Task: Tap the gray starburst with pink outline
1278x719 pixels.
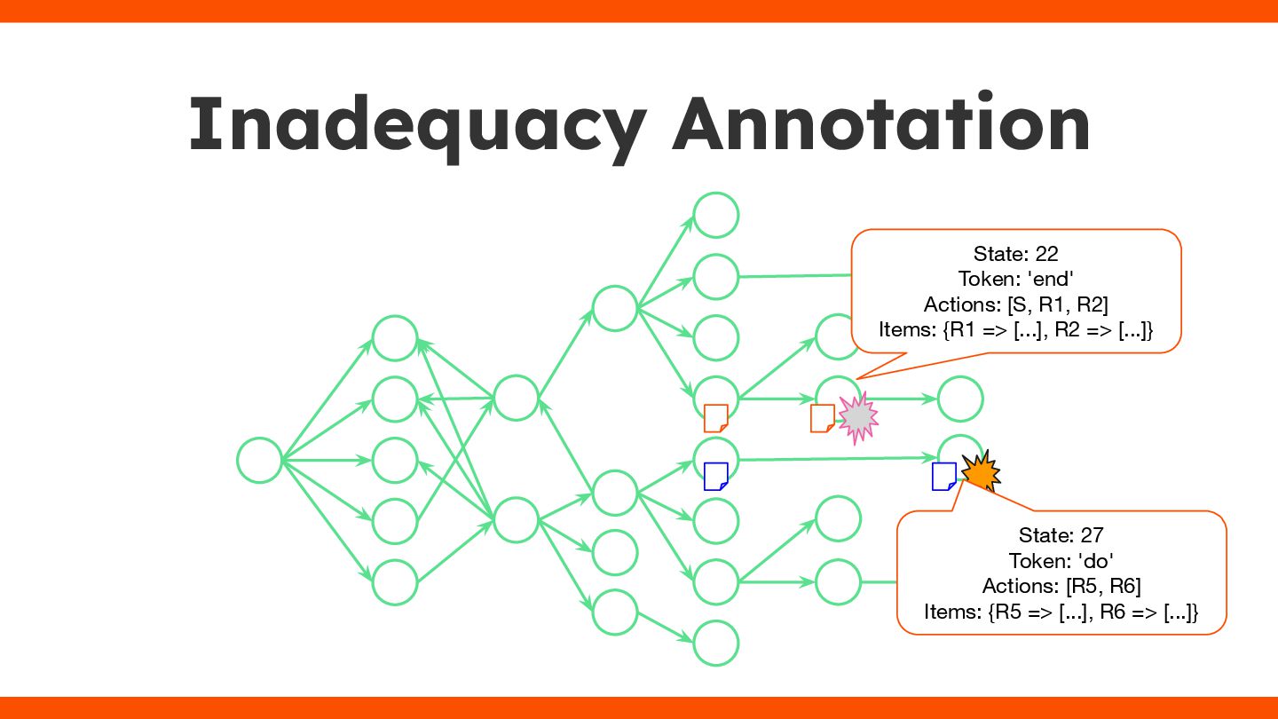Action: tap(857, 418)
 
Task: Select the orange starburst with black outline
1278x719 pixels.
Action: tap(980, 470)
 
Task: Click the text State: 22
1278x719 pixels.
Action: tap(1015, 254)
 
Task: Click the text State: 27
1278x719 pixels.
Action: tap(1061, 535)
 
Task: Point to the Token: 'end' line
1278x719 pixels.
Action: tap(1015, 279)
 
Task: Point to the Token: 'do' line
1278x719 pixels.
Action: tap(1061, 561)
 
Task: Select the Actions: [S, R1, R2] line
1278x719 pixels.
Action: tap(1015, 304)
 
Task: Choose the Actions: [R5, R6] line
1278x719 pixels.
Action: tap(1061, 586)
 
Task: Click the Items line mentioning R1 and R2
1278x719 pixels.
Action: tap(1015, 330)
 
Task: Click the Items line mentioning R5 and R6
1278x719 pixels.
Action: tap(1061, 612)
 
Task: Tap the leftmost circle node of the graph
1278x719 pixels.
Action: tap(260, 461)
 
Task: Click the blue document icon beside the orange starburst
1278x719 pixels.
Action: tap(943, 477)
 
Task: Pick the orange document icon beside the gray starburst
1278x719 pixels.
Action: tap(822, 418)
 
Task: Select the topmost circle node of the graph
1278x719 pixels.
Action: tap(715, 216)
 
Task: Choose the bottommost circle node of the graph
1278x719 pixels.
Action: tap(715, 643)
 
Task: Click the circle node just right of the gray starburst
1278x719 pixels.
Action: tap(959, 399)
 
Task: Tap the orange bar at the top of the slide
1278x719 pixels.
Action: tap(639, 11)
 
